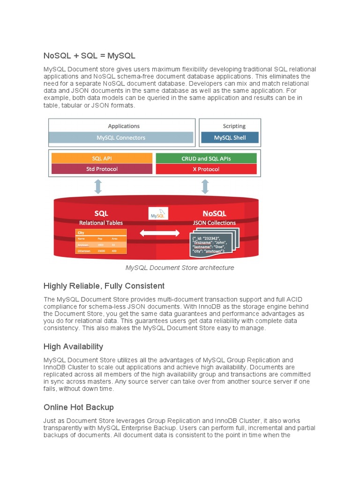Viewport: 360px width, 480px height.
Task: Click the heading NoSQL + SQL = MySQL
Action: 89,56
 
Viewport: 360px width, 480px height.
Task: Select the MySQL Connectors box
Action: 121,138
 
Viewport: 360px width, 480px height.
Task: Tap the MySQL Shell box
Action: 230,138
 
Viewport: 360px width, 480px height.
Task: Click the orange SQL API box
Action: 102,158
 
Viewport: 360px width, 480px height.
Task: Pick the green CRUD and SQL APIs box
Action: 206,158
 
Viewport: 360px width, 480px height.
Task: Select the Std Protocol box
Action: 102,169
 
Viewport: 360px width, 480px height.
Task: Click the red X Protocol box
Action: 206,169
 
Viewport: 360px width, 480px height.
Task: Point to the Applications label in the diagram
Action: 124,126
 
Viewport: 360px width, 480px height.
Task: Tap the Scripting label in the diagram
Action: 234,126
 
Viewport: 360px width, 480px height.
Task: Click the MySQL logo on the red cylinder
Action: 158,215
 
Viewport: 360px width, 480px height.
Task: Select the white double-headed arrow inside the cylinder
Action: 160,233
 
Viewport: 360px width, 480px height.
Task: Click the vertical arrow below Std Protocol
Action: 98,186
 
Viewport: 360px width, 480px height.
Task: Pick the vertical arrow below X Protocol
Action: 205,186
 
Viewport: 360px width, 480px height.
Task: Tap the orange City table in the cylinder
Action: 101,242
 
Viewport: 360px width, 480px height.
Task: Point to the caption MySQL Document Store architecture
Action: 180,268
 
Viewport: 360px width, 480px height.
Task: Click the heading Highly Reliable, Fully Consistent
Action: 104,286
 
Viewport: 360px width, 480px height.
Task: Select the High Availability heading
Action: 73,346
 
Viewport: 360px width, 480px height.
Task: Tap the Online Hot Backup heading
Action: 78,407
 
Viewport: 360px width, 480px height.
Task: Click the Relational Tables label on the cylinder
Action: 101,223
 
